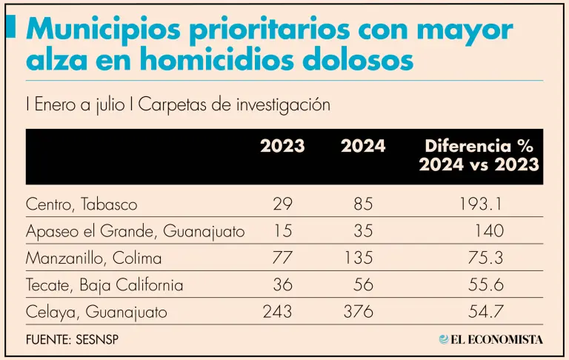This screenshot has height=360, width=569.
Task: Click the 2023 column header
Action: [x=282, y=146]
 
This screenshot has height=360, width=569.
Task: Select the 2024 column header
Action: [x=363, y=146]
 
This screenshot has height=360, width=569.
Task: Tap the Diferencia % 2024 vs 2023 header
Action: [x=479, y=155]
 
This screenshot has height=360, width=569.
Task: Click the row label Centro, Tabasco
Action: [x=81, y=204]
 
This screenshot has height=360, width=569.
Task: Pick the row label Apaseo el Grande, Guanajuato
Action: [x=135, y=231]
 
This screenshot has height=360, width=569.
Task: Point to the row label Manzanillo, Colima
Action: [x=93, y=259]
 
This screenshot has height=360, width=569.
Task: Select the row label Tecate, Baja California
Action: [x=104, y=285]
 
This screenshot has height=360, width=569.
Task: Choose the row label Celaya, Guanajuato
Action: [x=96, y=313]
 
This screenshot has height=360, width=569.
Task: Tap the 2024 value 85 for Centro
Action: [x=363, y=204]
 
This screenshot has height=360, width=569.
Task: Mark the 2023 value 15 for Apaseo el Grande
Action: [x=282, y=231]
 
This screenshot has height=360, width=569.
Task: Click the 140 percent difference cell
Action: [x=488, y=231]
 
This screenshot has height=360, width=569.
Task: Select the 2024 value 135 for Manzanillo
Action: [x=359, y=259]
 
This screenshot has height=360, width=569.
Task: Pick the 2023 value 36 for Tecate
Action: [x=282, y=285]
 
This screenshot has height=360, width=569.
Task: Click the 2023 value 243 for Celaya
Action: [x=278, y=313]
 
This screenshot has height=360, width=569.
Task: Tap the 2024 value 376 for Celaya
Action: [x=359, y=313]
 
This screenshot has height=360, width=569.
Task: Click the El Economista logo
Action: [x=490, y=339]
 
